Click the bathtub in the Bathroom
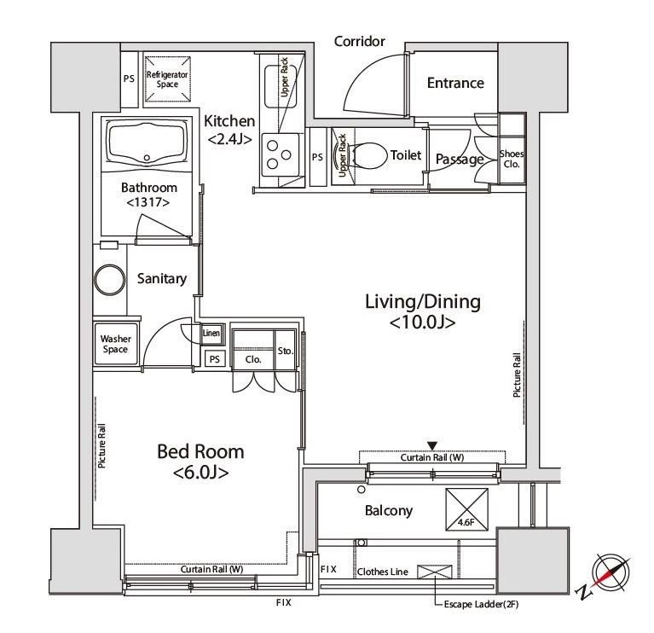coord(147,143)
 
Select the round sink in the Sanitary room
coord(110,280)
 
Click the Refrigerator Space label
coord(167,79)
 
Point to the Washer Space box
coord(115,345)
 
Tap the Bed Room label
coord(200,462)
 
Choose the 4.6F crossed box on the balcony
coord(466,509)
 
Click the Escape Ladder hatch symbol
coord(435,572)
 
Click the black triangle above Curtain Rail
coord(432,445)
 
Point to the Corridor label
coord(359,41)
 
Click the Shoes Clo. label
coord(512,159)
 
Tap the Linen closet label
coord(211,333)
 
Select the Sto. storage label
coord(286,351)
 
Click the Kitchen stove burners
coord(280,154)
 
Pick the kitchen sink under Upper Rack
coord(281,85)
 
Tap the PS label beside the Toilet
coord(317,157)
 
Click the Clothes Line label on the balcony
coord(383,572)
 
